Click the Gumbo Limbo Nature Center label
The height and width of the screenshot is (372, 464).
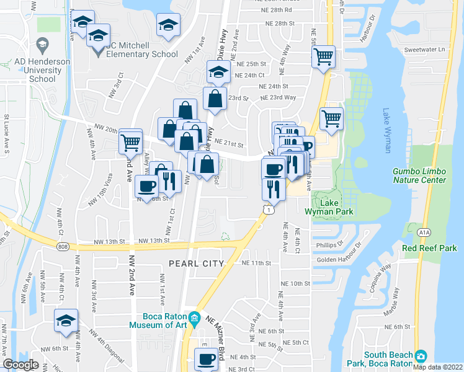coord(419,175)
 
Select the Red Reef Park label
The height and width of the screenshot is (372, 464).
coord(429,248)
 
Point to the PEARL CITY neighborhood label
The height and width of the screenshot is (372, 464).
coord(196,263)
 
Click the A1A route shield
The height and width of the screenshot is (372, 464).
coord(424,232)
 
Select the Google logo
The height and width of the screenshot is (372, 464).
coord(20,365)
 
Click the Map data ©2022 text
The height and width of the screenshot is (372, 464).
coord(437,367)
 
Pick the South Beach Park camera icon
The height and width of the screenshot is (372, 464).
coord(422,356)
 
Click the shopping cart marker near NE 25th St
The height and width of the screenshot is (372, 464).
coord(323,58)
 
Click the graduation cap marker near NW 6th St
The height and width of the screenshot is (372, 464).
coord(66,321)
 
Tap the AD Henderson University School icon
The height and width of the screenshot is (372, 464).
coord(42,44)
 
